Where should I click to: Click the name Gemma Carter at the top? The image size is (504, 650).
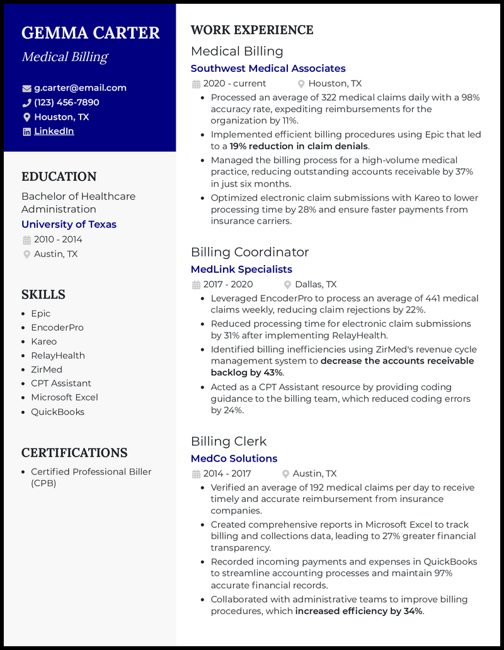[x=91, y=33]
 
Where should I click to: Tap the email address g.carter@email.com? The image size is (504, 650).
[x=80, y=88]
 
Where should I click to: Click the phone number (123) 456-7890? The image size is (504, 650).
[x=66, y=103]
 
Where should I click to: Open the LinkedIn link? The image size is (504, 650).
[x=54, y=132]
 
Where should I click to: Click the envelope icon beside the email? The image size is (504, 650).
[x=26, y=88]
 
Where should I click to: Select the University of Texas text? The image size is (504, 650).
[x=69, y=224]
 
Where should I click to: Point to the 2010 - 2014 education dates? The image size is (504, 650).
[x=58, y=239]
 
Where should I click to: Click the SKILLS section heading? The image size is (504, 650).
[x=43, y=295]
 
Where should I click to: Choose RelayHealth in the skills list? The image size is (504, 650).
[x=58, y=355]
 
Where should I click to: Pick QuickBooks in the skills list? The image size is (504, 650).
[x=57, y=412]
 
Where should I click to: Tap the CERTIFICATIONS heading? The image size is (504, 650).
[x=74, y=453]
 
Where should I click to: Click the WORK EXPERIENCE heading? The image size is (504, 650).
[x=252, y=30]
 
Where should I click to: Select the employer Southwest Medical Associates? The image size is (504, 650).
[x=268, y=68]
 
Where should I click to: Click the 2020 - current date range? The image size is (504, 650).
[x=234, y=84]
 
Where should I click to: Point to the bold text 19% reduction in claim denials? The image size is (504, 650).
[x=299, y=146]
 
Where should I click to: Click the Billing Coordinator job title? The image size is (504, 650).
[x=249, y=252]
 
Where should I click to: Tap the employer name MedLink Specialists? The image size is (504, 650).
[x=241, y=269]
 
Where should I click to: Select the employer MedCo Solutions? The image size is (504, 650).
[x=234, y=459]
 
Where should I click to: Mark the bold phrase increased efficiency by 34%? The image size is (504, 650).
[x=359, y=611]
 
